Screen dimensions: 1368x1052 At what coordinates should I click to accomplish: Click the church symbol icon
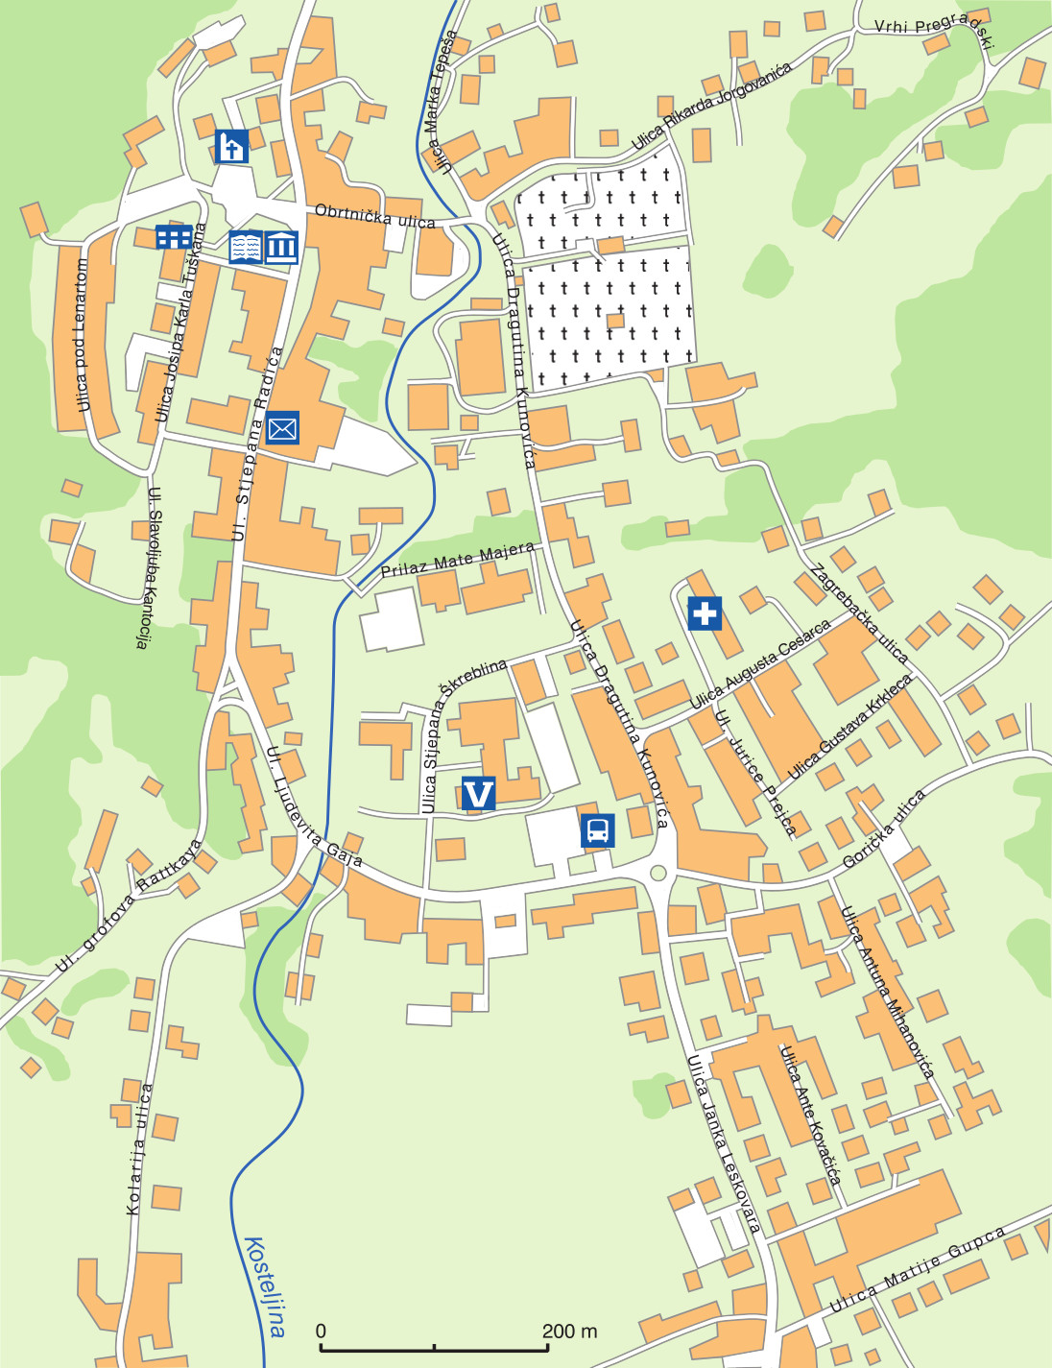pos(231,146)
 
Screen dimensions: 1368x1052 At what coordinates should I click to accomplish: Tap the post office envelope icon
pos(282,427)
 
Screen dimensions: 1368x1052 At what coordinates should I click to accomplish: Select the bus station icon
pos(597,829)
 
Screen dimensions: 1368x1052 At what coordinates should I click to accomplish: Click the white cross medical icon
pos(705,612)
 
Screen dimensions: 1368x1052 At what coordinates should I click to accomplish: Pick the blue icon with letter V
pos(478,794)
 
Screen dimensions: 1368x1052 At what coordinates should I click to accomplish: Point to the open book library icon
pos(246,248)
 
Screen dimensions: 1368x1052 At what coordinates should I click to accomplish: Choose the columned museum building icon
pos(281,248)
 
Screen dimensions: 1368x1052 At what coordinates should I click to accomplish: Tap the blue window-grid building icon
pos(174,236)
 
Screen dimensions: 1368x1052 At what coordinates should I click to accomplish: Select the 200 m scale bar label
pos(569,1331)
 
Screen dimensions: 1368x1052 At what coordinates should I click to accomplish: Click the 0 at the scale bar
pos(321,1331)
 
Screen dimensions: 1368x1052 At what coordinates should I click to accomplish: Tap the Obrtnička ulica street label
pos(374,216)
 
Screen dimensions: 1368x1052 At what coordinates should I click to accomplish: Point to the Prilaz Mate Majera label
pos(457,560)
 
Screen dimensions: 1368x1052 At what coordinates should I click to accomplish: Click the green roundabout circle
pos(657,873)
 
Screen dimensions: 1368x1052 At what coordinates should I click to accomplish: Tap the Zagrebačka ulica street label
pos(859,613)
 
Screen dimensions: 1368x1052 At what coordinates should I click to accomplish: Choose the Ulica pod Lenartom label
pos(82,336)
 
